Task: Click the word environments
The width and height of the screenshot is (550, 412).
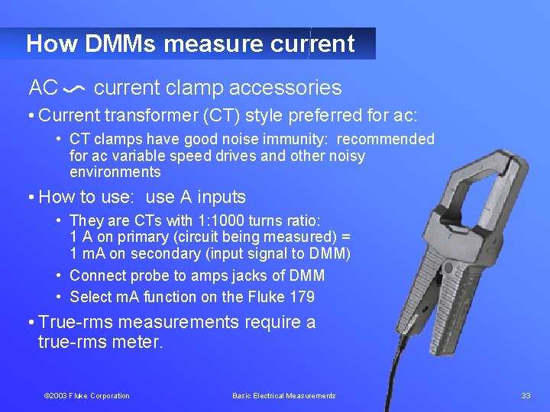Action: (115, 172)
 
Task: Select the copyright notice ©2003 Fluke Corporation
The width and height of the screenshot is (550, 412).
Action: (86, 396)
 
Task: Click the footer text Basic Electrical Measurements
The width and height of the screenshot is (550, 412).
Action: (283, 396)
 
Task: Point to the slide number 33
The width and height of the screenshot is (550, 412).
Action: (526, 395)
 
